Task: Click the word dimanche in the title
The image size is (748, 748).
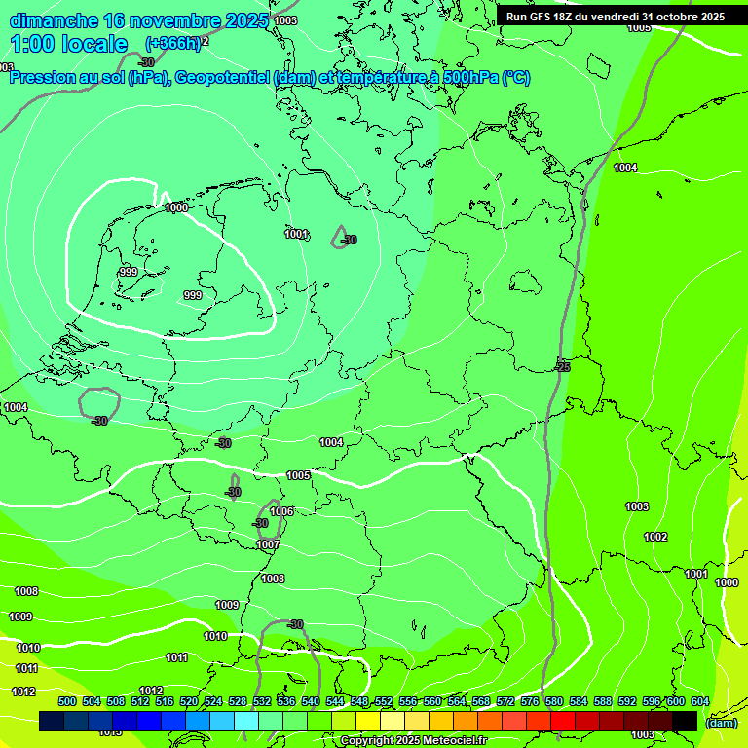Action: [x=53, y=20]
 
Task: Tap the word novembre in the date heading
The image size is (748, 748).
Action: [x=173, y=20]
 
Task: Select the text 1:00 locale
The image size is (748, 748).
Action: [x=69, y=44]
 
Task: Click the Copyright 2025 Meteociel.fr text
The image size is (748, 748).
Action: [x=413, y=740]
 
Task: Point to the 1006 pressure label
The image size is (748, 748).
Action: [x=281, y=511]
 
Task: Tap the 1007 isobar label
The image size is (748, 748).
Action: [x=268, y=544]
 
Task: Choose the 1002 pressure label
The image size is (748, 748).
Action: [x=655, y=537]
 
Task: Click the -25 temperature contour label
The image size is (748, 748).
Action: [x=562, y=367]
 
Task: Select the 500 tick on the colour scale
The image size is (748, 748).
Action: [x=67, y=701]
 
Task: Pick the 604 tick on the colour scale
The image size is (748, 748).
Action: [x=700, y=701]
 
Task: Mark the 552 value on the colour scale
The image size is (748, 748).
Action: [x=384, y=701]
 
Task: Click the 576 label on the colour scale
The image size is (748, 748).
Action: [x=530, y=701]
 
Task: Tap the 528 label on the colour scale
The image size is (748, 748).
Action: [x=238, y=701]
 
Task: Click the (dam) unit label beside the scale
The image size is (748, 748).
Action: [x=721, y=723]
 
